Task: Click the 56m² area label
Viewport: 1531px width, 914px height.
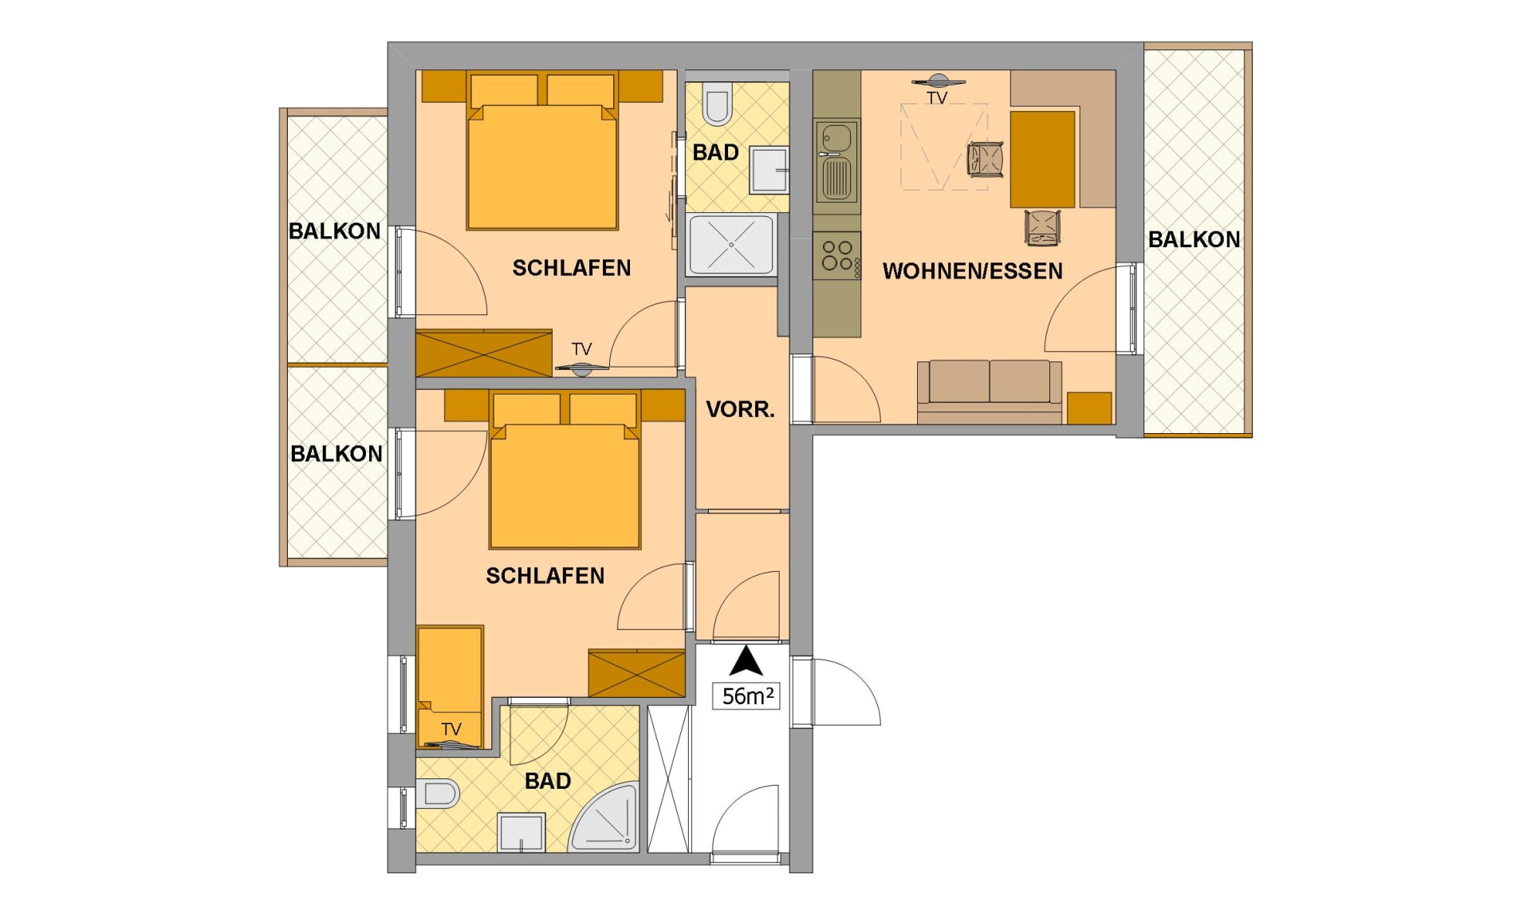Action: click(x=747, y=695)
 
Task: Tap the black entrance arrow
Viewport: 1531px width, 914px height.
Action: click(x=746, y=661)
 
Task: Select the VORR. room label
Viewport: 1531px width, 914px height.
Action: click(x=740, y=410)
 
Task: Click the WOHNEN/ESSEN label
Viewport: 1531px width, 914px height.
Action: click(x=972, y=271)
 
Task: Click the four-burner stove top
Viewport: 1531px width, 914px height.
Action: click(x=836, y=255)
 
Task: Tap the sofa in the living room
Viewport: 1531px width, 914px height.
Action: click(x=989, y=391)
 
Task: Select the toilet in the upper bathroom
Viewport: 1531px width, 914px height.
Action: click(x=717, y=103)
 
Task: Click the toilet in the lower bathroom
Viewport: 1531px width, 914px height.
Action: click(x=437, y=794)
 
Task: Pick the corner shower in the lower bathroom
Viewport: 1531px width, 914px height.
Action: click(x=606, y=817)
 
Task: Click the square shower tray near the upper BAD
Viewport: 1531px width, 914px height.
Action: click(x=731, y=245)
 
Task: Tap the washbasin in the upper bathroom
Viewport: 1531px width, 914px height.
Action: click(x=769, y=169)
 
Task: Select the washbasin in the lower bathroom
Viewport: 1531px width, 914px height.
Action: click(x=521, y=832)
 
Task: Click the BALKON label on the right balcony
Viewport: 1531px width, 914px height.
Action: click(x=1194, y=239)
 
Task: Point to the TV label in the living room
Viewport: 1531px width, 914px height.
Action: click(x=937, y=98)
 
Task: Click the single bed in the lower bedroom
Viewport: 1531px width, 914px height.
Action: click(x=450, y=686)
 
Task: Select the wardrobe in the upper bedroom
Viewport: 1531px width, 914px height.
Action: click(x=484, y=353)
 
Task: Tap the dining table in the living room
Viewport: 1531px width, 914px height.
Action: click(x=1042, y=160)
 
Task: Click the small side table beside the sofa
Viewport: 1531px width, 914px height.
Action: click(x=1089, y=408)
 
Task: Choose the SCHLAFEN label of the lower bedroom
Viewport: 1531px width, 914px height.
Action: click(x=545, y=576)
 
